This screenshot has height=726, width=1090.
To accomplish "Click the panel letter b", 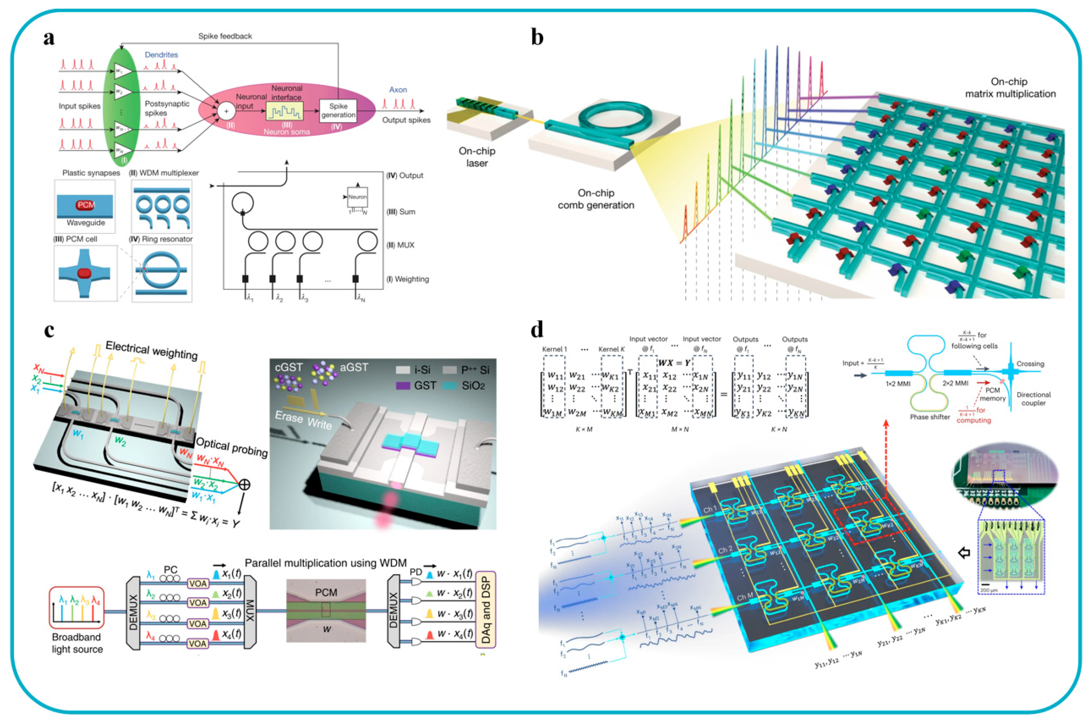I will coord(537,37).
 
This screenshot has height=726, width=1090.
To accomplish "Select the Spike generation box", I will coord(338,111).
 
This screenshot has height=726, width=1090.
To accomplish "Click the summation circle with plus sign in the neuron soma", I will coord(226,111).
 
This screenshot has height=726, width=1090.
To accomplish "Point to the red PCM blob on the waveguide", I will coord(85,205).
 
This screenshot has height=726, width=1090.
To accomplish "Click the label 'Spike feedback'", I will coord(225,36).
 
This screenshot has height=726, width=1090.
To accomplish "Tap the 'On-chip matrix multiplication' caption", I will coord(1010,88).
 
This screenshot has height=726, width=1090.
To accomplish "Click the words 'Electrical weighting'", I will coord(152,351).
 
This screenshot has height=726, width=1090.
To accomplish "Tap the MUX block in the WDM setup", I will coord(250,612).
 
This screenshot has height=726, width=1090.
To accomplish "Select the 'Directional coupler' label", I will coord(1034,399).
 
